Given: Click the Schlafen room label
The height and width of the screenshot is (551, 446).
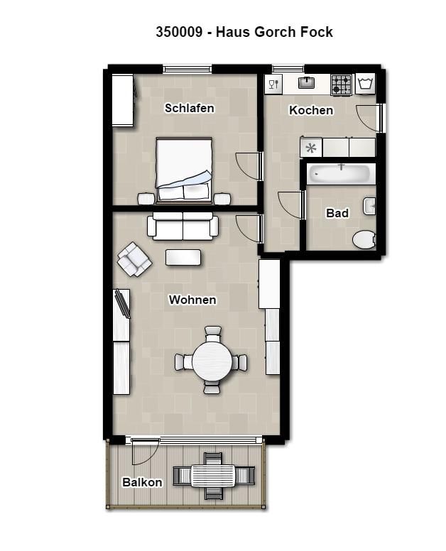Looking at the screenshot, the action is [x=190, y=108].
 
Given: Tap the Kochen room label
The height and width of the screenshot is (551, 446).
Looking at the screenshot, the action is [x=311, y=110].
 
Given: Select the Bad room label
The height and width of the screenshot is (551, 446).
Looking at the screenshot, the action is [x=337, y=213].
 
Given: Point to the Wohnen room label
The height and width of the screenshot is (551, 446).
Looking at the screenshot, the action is [x=192, y=300].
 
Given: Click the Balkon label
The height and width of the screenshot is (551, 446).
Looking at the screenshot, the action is [x=142, y=482].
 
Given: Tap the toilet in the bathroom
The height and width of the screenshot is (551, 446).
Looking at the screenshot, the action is [x=364, y=240].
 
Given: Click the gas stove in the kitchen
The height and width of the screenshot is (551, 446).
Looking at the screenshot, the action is [x=341, y=85].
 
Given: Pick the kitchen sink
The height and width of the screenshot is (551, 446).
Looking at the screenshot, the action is [x=307, y=83].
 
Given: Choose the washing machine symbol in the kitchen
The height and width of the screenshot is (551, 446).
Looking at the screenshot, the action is [x=365, y=84].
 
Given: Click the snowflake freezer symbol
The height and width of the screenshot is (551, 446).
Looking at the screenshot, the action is [x=311, y=148].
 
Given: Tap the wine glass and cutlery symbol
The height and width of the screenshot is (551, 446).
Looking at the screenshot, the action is [x=273, y=84].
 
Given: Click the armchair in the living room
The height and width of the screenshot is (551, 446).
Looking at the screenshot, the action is [x=134, y=259].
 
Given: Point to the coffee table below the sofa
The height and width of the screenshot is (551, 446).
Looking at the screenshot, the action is [x=183, y=257].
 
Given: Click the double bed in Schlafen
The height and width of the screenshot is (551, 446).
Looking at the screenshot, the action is [x=184, y=170].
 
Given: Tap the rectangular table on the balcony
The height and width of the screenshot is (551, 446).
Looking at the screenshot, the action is [x=213, y=476].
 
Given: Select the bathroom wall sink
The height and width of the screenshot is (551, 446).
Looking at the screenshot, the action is [x=369, y=206].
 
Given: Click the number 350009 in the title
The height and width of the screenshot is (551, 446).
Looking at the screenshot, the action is [x=179, y=32].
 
